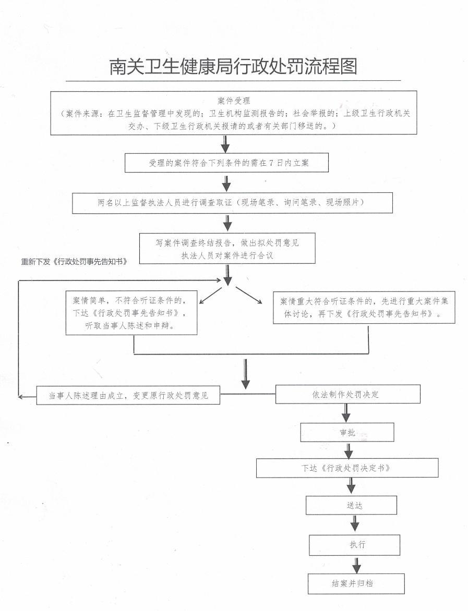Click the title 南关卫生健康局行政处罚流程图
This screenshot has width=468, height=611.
coord(233,67)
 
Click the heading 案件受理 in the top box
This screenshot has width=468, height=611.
coord(234,100)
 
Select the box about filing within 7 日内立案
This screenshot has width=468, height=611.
coord(226,163)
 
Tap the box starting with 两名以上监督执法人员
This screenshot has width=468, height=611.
coord(232,202)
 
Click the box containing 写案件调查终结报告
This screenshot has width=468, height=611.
coord(227,249)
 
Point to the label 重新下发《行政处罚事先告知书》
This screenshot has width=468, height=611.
coord(74,261)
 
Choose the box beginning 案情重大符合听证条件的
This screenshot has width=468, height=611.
coord(360,308)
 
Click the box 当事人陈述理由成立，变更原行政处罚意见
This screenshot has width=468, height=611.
coord(128,395)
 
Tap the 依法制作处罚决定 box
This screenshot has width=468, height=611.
coord(347,394)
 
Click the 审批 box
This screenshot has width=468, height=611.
coord(347,432)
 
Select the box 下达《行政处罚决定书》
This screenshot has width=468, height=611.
coord(347,468)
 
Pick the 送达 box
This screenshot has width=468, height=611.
coord(351,505)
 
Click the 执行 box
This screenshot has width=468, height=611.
coord(354,545)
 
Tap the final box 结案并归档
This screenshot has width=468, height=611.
coord(356,583)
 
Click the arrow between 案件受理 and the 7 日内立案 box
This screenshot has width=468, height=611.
coord(225,144)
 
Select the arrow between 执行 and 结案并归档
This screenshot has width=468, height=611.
coord(356,565)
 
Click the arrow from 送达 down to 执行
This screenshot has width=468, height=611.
coord(355,524)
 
